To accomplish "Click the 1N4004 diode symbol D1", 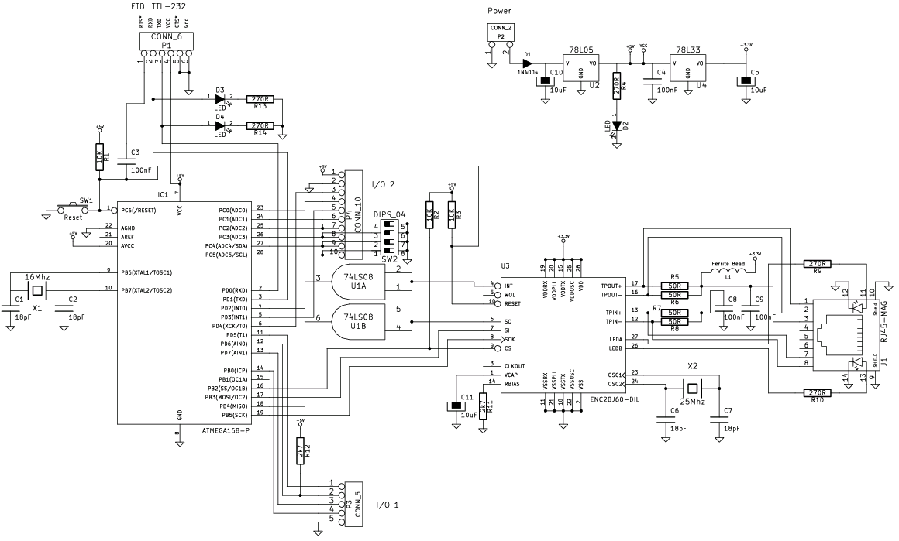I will (528, 63).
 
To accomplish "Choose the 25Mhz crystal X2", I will (692, 387).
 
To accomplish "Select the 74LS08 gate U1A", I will (358, 280).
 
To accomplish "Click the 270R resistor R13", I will (260, 99).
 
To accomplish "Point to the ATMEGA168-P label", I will (225, 430).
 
